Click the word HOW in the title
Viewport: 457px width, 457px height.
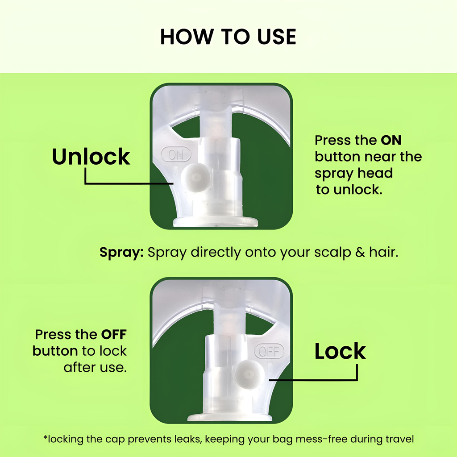pos(187,37)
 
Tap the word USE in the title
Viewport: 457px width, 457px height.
pos(277,37)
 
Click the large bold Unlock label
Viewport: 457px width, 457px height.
pos(91,157)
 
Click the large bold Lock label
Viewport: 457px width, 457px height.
pos(340,351)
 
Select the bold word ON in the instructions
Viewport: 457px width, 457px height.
pos(391,140)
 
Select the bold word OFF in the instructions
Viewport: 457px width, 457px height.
pos(114,335)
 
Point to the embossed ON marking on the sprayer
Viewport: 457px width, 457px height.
pos(176,154)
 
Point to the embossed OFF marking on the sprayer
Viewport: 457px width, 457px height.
pos(269,351)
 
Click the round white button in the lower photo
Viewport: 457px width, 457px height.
pos(249,374)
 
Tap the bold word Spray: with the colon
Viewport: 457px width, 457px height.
pos(121,253)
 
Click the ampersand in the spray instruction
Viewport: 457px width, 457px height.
pos(360,252)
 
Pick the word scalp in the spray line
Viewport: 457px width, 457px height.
pos(332,253)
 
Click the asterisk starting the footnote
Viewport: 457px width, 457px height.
pos(45,437)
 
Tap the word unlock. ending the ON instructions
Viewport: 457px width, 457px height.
pos(357,190)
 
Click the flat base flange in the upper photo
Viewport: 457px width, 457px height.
pos(216,222)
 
